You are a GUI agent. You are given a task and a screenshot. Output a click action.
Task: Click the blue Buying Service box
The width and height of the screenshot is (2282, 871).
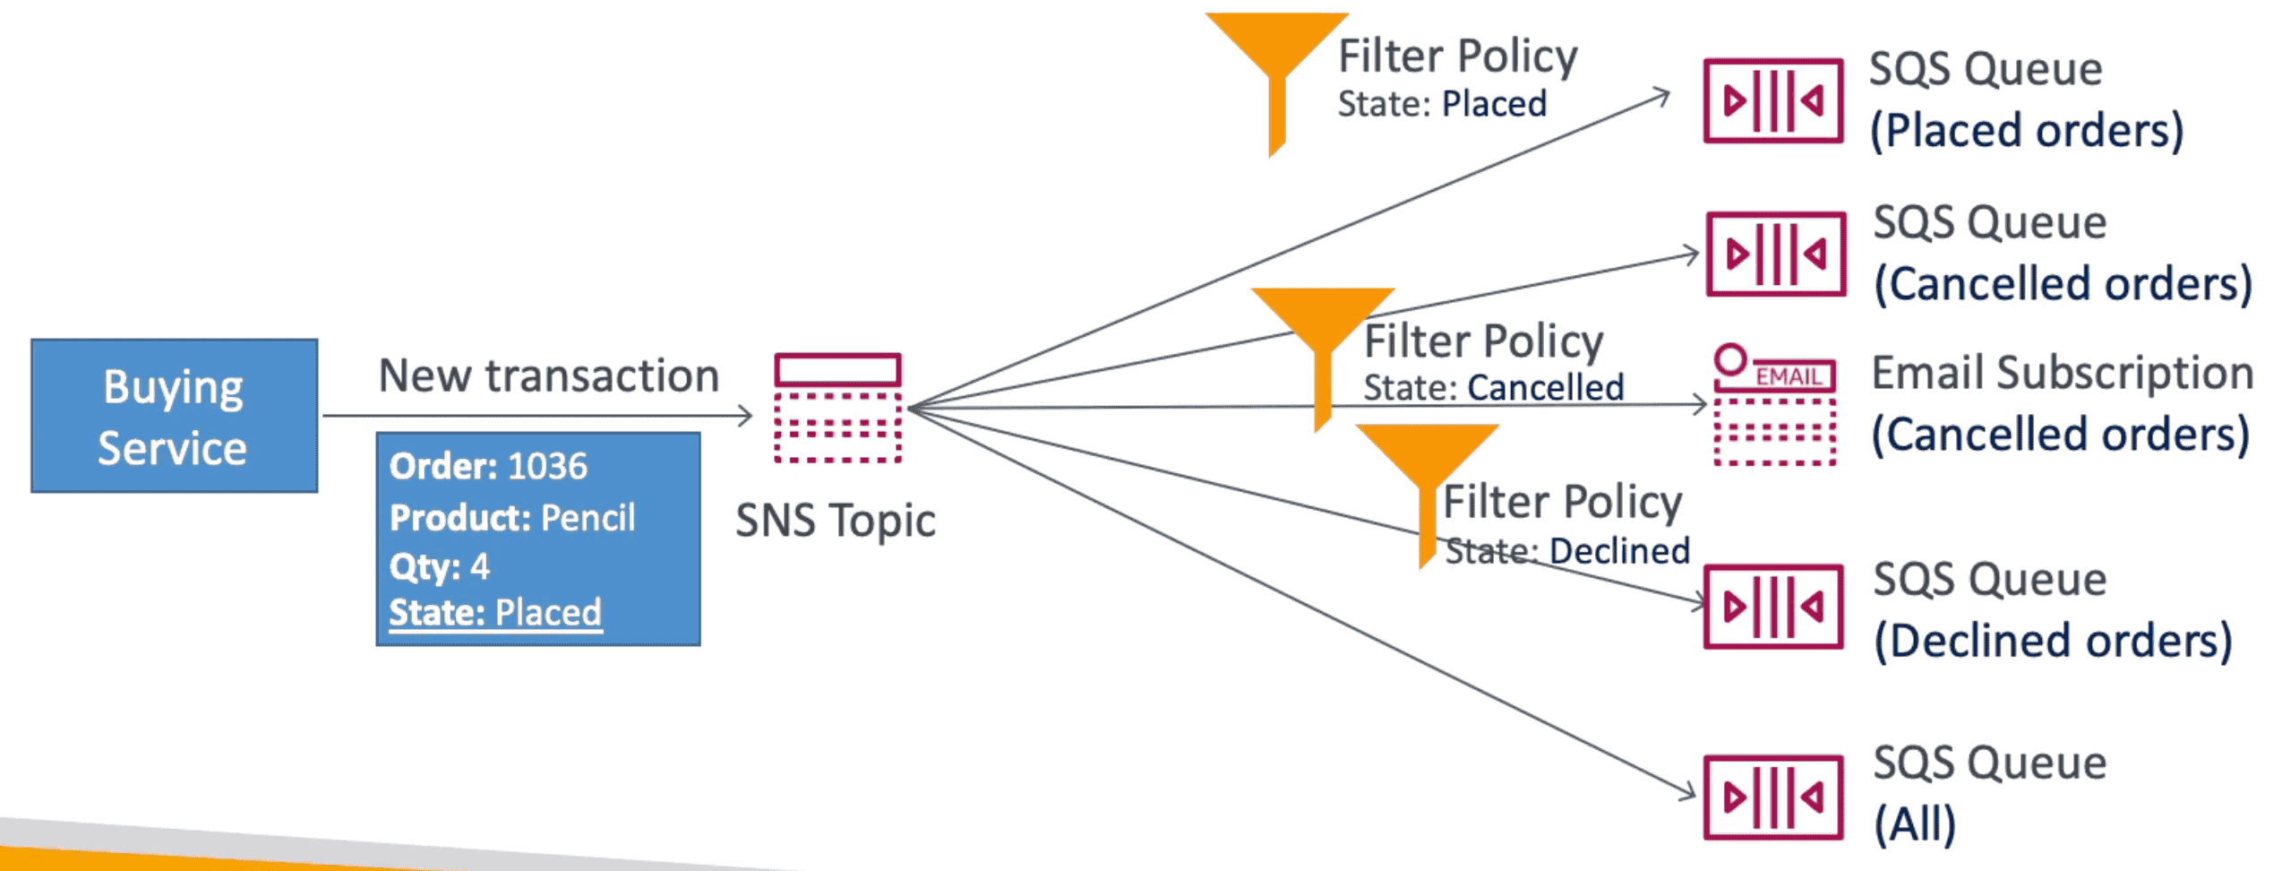(175, 416)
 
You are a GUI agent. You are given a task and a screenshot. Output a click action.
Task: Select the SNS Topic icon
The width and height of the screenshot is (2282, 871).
(837, 409)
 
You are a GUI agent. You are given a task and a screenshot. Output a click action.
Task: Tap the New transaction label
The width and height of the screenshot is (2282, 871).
(548, 375)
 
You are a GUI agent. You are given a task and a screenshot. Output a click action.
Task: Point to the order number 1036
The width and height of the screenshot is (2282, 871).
(547, 467)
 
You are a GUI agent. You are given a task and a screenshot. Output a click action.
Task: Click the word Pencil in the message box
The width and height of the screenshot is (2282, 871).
(588, 518)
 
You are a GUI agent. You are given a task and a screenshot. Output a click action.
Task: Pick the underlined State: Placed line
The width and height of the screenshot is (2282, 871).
(495, 613)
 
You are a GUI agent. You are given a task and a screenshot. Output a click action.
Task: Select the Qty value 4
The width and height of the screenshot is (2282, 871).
(480, 566)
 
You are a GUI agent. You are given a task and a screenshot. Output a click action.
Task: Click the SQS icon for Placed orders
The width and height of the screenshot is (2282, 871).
(1772, 100)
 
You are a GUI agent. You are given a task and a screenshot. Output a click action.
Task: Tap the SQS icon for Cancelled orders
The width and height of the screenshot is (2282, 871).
(1775, 254)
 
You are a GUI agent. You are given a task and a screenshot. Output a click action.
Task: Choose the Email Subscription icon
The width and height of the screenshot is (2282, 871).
(1774, 405)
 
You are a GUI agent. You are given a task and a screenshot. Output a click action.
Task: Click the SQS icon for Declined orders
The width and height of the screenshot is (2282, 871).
(1772, 607)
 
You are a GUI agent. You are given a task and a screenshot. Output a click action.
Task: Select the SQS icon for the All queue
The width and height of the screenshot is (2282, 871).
(1772, 797)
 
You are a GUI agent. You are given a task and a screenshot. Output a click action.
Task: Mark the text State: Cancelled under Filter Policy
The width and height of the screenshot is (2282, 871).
(1493, 388)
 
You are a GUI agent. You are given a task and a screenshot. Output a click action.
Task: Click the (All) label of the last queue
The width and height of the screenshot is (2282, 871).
(1915, 824)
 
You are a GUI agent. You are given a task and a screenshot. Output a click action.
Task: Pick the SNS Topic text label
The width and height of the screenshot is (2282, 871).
(835, 521)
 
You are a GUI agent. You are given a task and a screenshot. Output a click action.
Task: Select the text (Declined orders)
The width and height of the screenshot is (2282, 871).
(2053, 641)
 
